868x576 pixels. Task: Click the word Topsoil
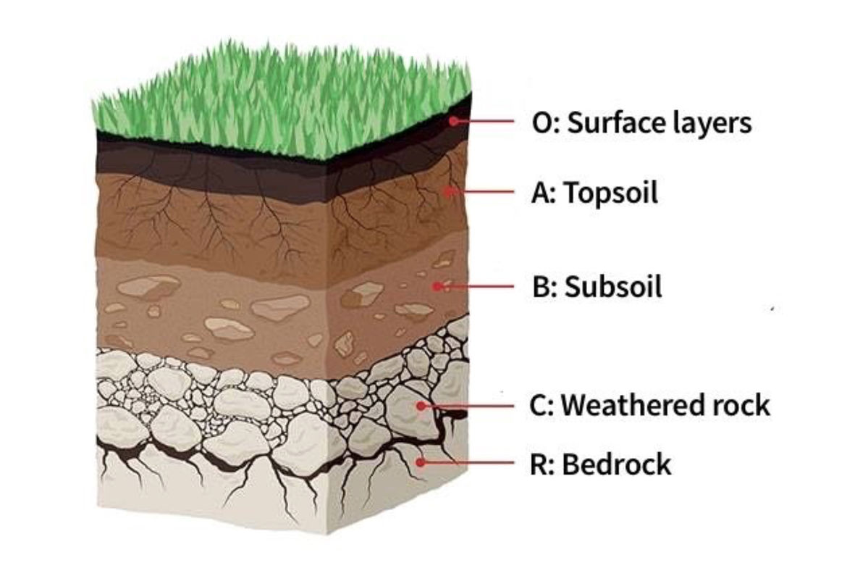(x=611, y=193)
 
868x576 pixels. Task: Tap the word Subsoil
(x=614, y=288)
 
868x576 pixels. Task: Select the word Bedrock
(x=617, y=464)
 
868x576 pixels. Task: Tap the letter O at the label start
(x=540, y=123)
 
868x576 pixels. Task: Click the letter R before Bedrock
(x=539, y=464)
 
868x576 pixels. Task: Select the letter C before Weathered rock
(x=539, y=406)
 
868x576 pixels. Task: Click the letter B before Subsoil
(x=540, y=288)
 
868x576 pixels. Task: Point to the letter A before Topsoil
(x=540, y=193)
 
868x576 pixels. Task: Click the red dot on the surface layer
(x=453, y=121)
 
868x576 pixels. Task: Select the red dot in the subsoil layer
(x=437, y=286)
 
